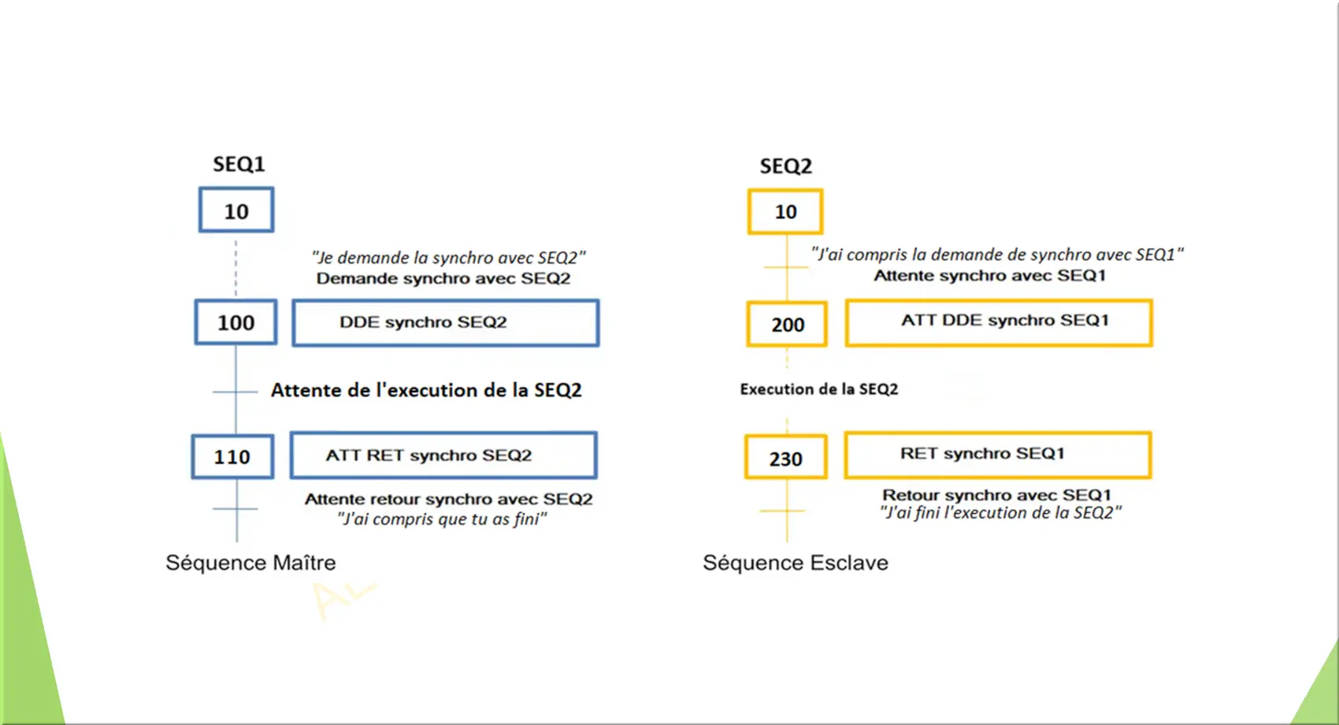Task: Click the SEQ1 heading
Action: pos(239,164)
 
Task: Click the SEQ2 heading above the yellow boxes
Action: pos(785,165)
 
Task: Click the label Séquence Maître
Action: pos(250,563)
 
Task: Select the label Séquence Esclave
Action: pos(796,563)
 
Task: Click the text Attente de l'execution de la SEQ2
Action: pos(426,390)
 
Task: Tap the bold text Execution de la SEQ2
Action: pos(819,389)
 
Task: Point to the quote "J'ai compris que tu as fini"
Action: pos(442,519)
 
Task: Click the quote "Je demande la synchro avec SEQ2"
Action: pos(448,258)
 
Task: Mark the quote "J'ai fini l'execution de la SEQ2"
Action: pos(1000,513)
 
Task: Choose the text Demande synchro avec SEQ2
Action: pos(443,278)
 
